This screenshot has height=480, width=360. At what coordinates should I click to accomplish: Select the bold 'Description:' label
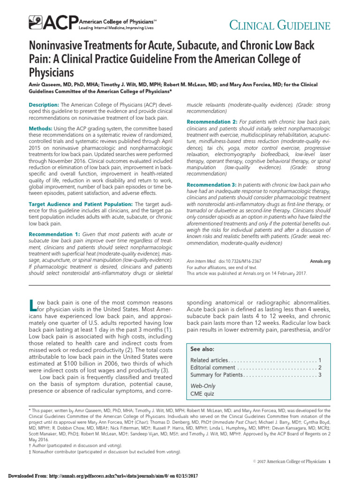click(x=44, y=104)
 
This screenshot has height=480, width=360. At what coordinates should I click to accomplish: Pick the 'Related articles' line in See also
click(x=210, y=360)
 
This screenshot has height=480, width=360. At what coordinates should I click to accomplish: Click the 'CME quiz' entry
click(x=202, y=394)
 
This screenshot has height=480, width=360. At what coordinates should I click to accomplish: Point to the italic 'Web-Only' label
click(x=202, y=385)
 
